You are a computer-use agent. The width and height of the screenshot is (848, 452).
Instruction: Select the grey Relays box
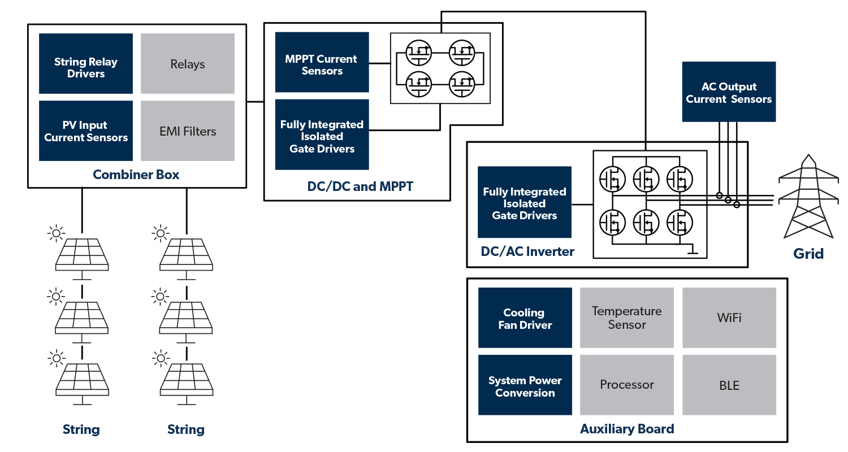(187, 63)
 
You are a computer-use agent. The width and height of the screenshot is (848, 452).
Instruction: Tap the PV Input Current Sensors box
(86, 131)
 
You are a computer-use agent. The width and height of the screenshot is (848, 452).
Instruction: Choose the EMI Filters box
(187, 131)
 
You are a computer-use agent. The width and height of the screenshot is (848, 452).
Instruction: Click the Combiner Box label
(136, 175)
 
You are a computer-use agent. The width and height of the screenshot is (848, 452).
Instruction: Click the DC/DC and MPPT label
(360, 186)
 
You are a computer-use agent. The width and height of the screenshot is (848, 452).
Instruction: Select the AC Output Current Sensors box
(728, 92)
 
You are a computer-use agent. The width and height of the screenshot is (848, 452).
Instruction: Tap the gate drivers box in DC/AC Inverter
(524, 202)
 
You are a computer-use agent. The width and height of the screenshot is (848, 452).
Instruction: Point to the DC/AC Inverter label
(527, 252)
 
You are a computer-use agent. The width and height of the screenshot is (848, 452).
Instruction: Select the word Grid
(808, 254)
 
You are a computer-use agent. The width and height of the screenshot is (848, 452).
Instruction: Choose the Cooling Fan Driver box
(525, 318)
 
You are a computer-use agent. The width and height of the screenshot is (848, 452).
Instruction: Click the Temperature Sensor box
(626, 318)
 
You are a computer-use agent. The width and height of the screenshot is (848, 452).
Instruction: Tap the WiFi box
(729, 318)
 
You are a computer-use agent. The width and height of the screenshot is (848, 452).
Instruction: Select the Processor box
(626, 385)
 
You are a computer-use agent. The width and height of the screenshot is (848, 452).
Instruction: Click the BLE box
(729, 385)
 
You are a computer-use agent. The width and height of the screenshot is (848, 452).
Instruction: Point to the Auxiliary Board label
(626, 429)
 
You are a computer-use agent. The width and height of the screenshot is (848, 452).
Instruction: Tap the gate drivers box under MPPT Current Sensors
(322, 136)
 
